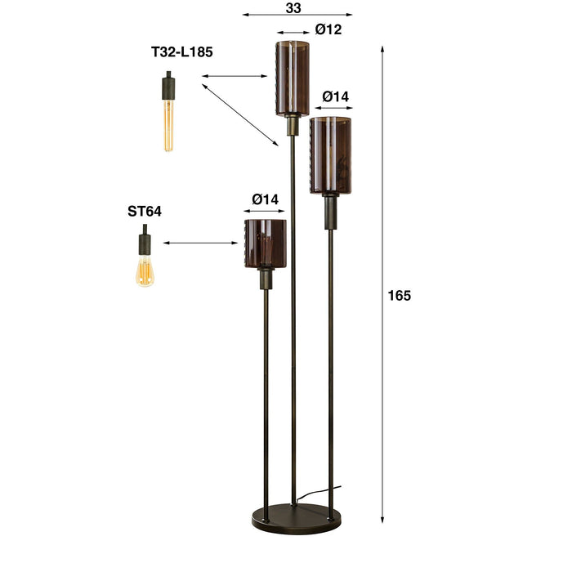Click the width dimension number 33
[x=295, y=7]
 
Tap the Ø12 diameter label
[x=328, y=30]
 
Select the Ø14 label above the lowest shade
[x=265, y=199]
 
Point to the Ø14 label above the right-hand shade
[x=335, y=96]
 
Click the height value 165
[x=400, y=296]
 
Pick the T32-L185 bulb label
[x=182, y=52]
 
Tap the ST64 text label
[x=145, y=211]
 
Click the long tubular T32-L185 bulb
[x=168, y=123]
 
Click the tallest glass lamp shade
[x=292, y=78]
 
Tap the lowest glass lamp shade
[x=265, y=243]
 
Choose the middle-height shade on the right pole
[x=330, y=155]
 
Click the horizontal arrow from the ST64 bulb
[x=200, y=243]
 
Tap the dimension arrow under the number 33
[x=297, y=15]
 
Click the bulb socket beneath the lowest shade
[x=265, y=279]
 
